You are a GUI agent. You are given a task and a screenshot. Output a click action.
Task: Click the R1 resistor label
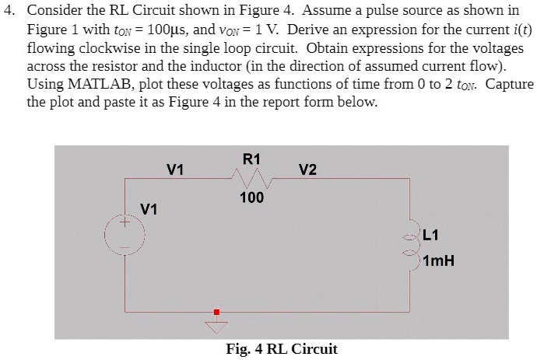pos(251,159)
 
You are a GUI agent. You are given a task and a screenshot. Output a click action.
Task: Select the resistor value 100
pos(251,197)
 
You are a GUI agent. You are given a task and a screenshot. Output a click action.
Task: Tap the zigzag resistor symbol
pos(251,180)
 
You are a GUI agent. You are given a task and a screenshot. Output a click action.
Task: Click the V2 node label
pos(307,170)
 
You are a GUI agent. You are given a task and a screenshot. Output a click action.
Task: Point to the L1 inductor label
pos(433,234)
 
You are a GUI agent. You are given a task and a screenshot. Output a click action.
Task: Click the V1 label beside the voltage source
pos(149,208)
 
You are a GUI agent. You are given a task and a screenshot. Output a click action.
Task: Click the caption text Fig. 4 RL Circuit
pos(282,348)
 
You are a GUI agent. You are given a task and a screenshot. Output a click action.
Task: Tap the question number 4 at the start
pos(9,11)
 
